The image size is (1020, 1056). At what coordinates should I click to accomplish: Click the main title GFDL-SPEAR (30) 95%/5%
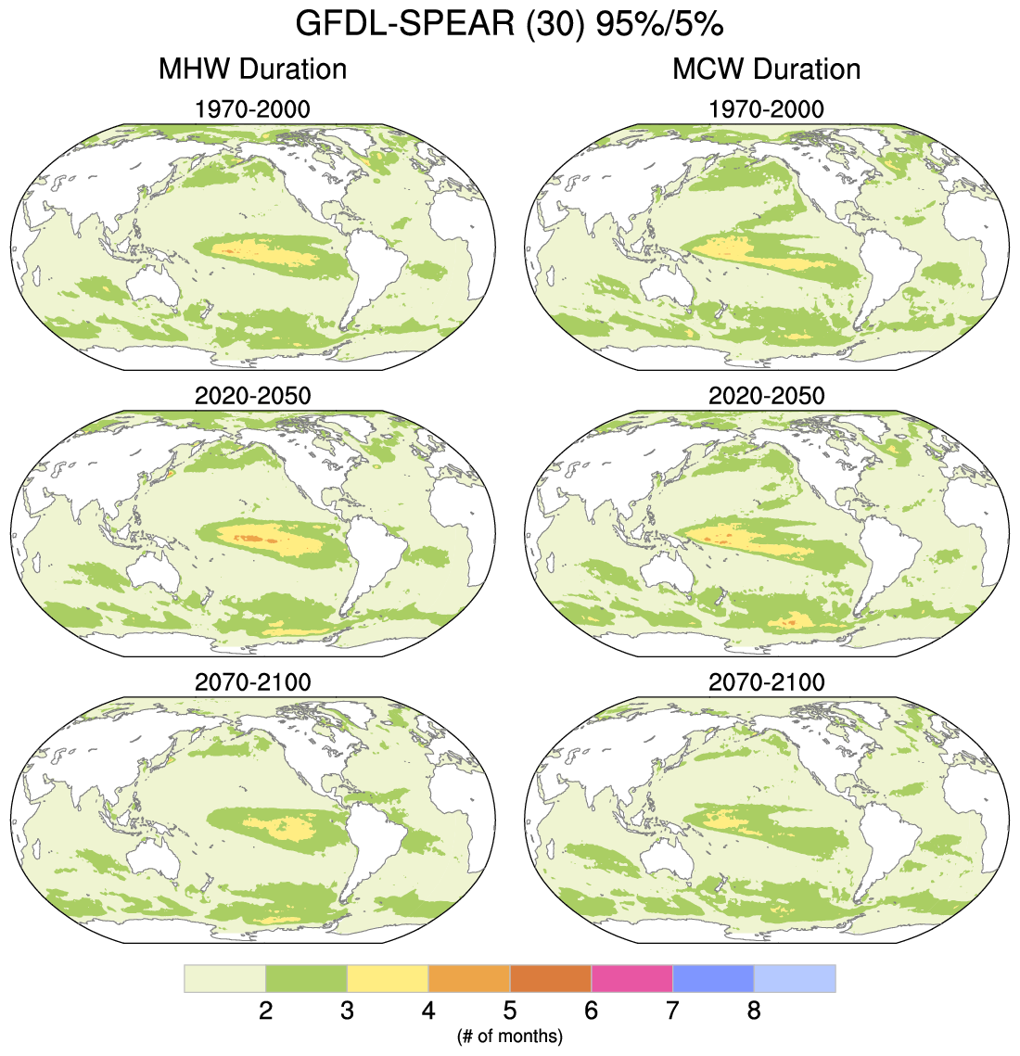(509, 25)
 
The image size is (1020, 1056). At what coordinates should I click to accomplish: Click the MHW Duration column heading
(252, 70)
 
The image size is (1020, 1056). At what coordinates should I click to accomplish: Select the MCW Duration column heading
(766, 70)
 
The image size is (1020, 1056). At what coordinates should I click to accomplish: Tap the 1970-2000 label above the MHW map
(252, 109)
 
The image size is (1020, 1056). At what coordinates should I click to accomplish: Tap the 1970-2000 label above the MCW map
(766, 109)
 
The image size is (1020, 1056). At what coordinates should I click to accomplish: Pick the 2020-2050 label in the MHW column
(252, 396)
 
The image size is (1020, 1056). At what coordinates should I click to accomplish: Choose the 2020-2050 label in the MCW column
(766, 396)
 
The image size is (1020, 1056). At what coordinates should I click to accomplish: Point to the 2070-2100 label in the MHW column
(252, 682)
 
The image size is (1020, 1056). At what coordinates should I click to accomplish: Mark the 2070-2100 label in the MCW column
(766, 682)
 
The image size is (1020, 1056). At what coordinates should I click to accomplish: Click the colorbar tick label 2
(265, 1011)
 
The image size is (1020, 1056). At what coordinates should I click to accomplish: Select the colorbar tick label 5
(510, 1011)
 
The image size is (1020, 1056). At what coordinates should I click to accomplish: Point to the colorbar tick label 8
(754, 1011)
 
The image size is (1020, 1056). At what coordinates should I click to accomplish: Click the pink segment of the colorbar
(631, 978)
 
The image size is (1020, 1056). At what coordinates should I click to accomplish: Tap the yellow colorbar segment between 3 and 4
(388, 978)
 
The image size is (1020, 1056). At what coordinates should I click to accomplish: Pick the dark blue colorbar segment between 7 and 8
(713, 978)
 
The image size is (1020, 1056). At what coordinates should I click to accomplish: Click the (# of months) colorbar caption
(509, 1036)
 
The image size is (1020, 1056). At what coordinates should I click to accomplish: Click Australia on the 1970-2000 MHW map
(154, 284)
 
